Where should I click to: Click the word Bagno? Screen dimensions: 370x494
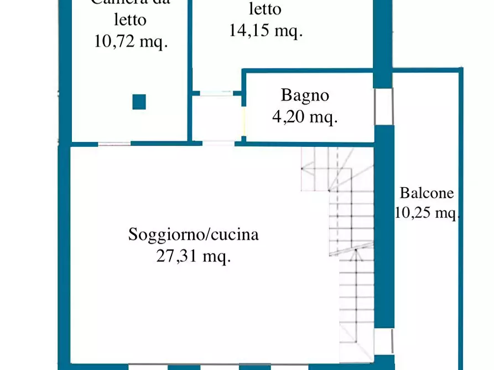coord(305,95)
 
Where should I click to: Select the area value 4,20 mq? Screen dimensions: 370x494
coord(305,117)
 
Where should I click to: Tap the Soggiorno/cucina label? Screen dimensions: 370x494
coord(194,235)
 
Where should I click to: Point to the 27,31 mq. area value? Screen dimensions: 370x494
coord(194,256)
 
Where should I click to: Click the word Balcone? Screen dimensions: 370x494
coord(427,193)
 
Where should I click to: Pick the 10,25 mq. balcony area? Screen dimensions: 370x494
coord(427,213)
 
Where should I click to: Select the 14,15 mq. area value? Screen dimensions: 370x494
coord(266,30)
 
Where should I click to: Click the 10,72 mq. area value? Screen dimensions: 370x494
coord(131,42)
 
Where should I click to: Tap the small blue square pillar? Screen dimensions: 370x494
coord(139,102)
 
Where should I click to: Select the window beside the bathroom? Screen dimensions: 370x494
coord(383,107)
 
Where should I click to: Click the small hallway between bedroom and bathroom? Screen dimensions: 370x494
coord(217,118)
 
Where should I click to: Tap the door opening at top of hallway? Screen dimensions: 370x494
coord(216,93)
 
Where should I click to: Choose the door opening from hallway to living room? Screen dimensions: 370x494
coord(218,144)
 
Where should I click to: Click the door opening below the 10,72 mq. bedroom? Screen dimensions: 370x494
coord(115,144)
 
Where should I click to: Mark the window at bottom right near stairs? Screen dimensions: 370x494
coord(384,341)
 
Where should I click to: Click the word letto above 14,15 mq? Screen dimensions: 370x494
coord(266,9)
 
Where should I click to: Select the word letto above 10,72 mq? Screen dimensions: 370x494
coord(131,20)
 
